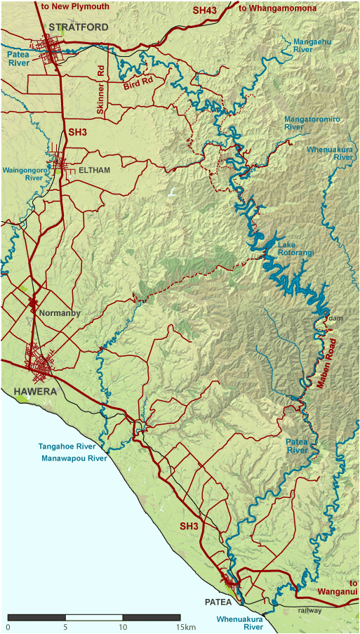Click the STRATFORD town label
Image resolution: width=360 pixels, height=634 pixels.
(78, 27)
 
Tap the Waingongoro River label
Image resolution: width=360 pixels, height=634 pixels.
(23, 174)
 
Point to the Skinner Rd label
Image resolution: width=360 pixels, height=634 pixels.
(100, 91)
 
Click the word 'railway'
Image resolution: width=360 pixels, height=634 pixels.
(309, 611)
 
